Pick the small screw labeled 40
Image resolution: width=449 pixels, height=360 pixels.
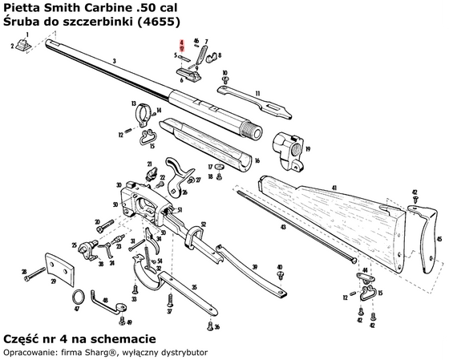[280, 275]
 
